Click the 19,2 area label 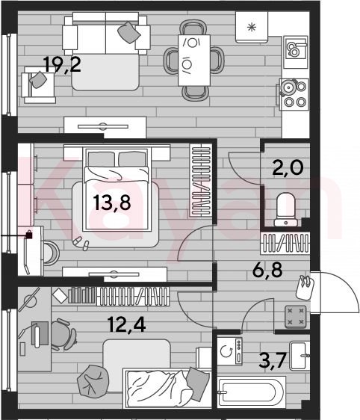[x=62, y=64]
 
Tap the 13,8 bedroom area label [x=112, y=203]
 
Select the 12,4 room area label [x=127, y=324]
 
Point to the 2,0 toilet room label [x=288, y=167]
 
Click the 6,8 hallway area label [x=267, y=270]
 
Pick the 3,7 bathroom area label [x=273, y=360]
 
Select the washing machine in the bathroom [x=229, y=351]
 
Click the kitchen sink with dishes [x=296, y=49]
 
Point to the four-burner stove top [x=294, y=94]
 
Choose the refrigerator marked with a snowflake [x=252, y=27]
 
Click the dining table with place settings [x=194, y=61]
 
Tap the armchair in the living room [x=39, y=85]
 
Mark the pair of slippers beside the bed [x=81, y=243]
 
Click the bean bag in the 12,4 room [x=93, y=380]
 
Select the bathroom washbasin [x=300, y=355]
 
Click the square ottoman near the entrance [x=296, y=316]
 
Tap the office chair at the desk [x=63, y=335]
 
